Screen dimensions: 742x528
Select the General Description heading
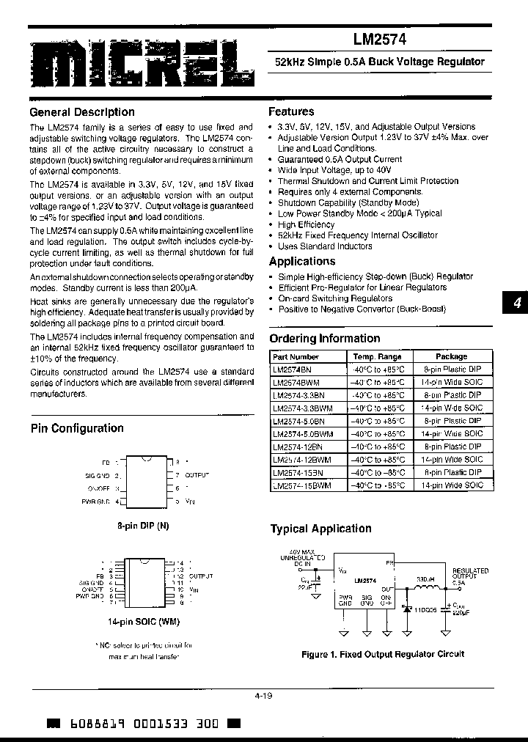81,112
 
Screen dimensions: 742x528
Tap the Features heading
291,111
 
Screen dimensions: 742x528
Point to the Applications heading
301,261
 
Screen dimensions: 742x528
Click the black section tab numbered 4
516,303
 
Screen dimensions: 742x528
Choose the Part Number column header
295,356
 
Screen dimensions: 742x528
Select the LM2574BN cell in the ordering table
293,369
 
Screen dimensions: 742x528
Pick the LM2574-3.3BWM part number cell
302,408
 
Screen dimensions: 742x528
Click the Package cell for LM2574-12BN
452,447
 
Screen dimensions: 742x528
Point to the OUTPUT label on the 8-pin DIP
197,475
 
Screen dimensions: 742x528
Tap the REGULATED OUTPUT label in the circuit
471,574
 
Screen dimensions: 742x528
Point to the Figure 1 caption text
382,654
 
